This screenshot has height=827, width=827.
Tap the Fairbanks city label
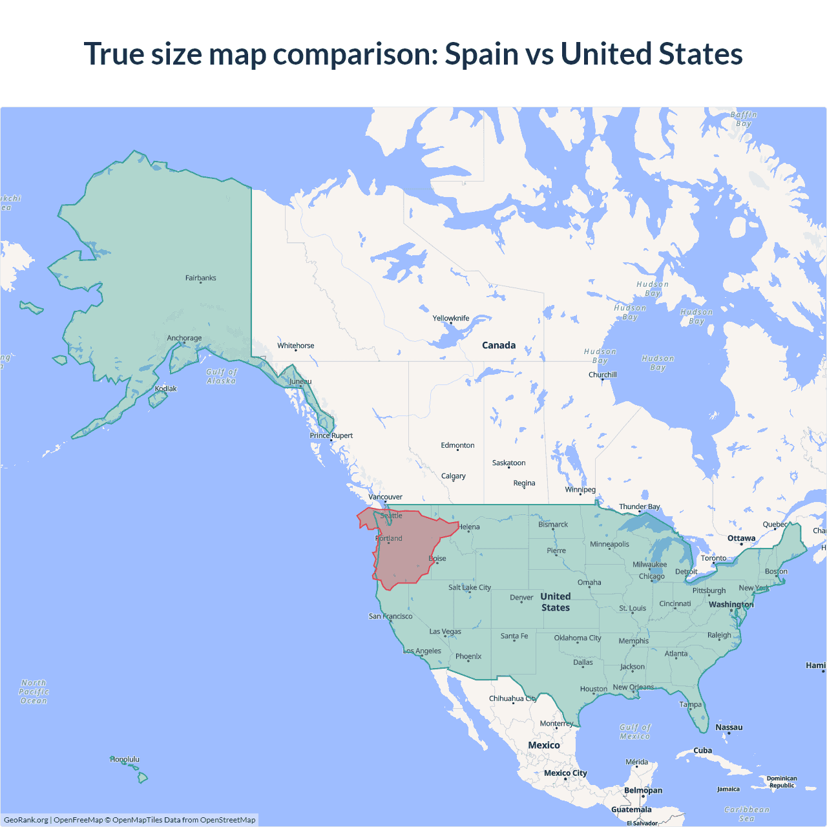click(200, 278)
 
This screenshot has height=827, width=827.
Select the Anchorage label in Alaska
click(184, 338)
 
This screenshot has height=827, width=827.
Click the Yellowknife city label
click(451, 318)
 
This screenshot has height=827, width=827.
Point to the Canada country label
click(499, 345)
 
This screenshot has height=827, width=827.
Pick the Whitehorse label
click(296, 346)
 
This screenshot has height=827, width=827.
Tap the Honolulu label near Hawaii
click(125, 759)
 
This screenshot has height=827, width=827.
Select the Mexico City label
click(565, 773)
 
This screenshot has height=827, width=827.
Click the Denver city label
click(521, 598)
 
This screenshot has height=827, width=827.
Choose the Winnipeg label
click(580, 489)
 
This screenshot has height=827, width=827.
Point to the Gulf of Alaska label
click(222, 376)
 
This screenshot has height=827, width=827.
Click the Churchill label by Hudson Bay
click(602, 375)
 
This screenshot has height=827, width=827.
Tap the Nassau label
click(729, 727)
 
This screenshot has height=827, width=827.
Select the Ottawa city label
click(741, 538)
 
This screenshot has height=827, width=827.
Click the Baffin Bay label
click(744, 119)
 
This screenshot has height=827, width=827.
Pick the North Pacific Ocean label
click(34, 691)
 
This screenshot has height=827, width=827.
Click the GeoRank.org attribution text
click(26, 820)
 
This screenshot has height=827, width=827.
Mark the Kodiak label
click(165, 388)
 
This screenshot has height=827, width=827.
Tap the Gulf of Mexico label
click(635, 731)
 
